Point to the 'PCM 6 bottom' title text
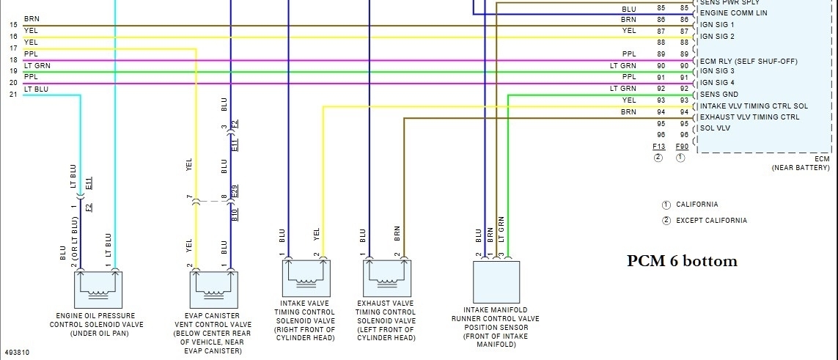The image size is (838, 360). pyautogui.click(x=682, y=261)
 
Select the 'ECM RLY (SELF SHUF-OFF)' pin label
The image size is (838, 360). pyautogui.click(x=749, y=61)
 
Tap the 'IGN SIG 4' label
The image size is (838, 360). pyautogui.click(x=717, y=83)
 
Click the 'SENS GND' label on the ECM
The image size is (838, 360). pyautogui.click(x=718, y=95)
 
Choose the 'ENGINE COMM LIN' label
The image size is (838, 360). pyautogui.click(x=734, y=13)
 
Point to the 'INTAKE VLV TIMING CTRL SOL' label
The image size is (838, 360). pyautogui.click(x=754, y=106)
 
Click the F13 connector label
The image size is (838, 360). pyautogui.click(x=658, y=147)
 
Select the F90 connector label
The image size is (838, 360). pyautogui.click(x=680, y=147)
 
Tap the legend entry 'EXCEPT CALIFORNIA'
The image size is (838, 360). pyautogui.click(x=711, y=221)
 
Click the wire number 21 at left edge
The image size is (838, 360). pyautogui.click(x=13, y=95)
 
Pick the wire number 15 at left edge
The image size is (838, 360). pyautogui.click(x=13, y=25)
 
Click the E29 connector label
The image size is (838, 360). pyautogui.click(x=235, y=194)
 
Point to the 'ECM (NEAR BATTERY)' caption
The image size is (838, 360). pyautogui.click(x=804, y=164)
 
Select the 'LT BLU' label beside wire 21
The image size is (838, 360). pyautogui.click(x=37, y=89)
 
